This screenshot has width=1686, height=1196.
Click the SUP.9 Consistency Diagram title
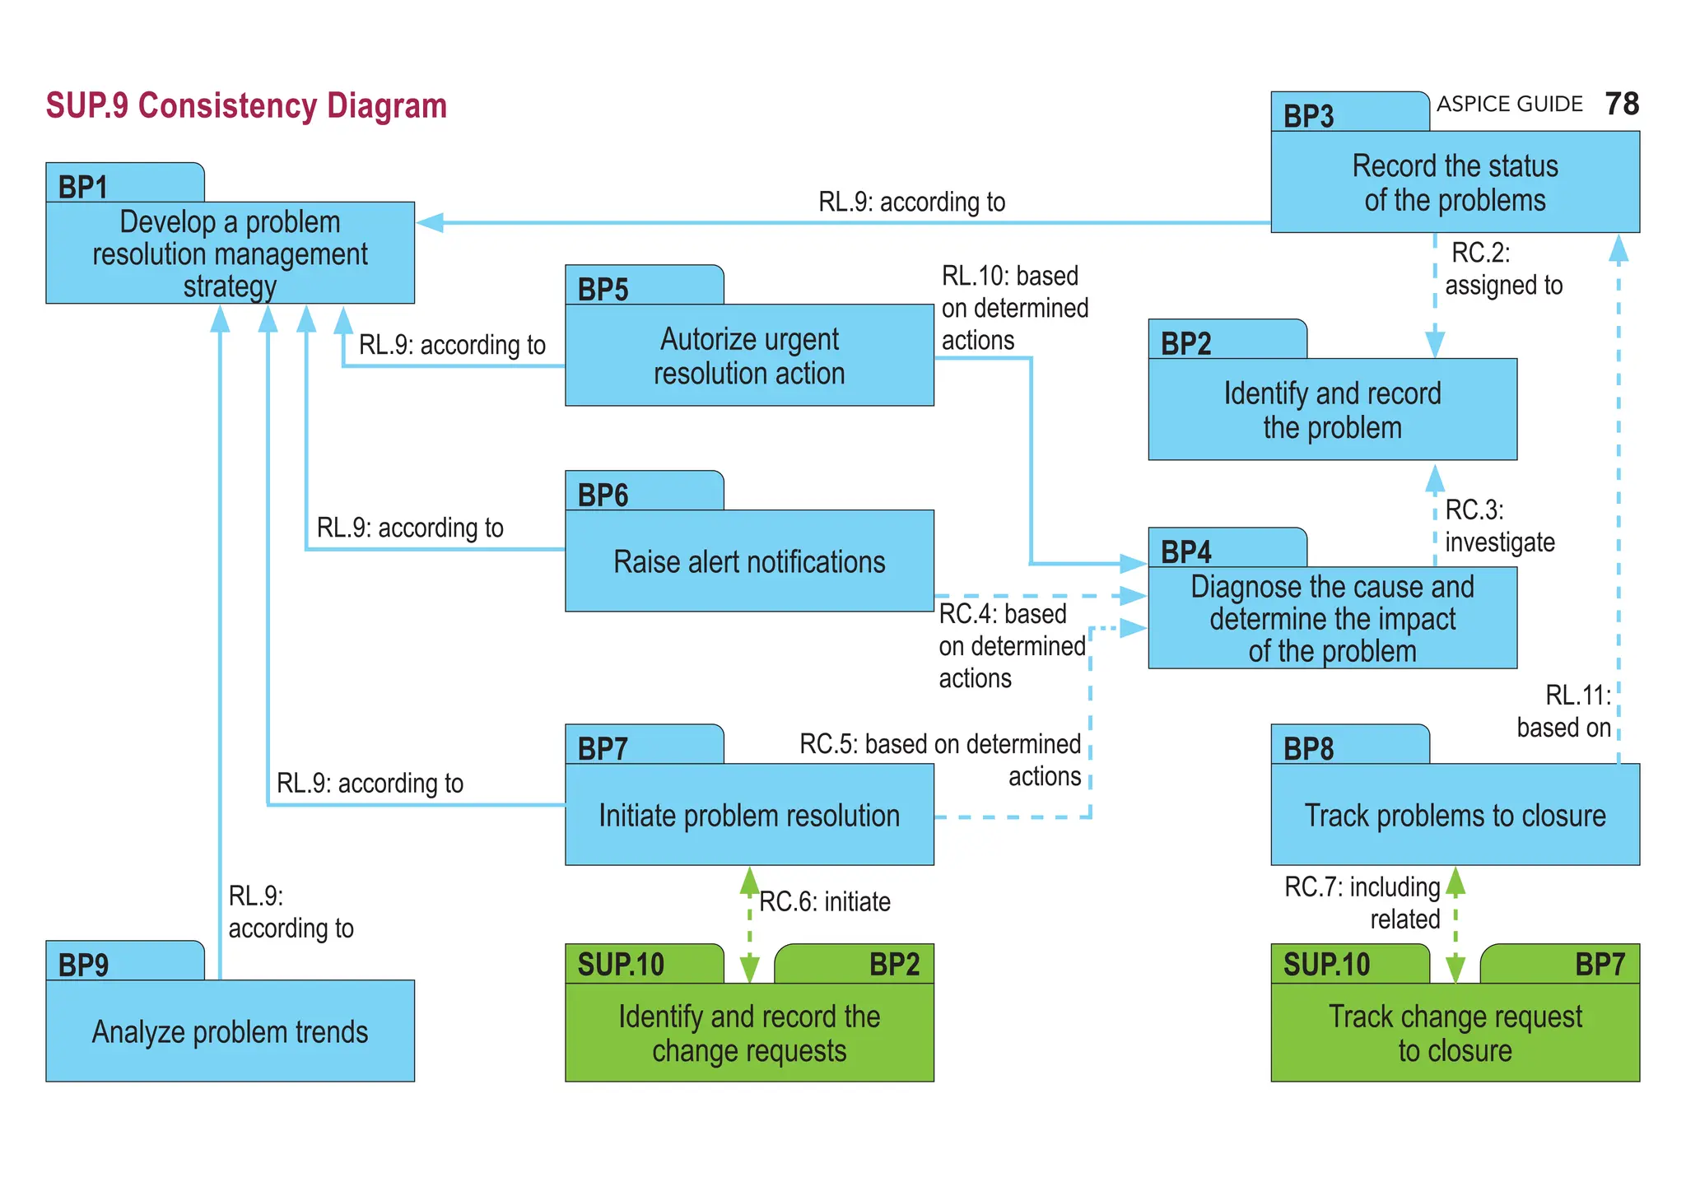pos(246,106)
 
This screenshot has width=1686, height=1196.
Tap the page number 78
pos(1622,105)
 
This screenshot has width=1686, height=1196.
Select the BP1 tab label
pos(83,187)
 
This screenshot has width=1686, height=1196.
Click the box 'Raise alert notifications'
pos(749,561)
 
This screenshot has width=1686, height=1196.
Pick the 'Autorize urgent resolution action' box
pos(749,356)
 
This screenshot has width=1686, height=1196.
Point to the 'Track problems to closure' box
pos(1455,815)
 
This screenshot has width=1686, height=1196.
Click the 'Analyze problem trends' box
pos(230,1031)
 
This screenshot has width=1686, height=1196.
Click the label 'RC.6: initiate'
pos(824,902)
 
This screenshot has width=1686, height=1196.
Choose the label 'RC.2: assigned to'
pos(1502,269)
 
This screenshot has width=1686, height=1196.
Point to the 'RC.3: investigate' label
pos(1498,526)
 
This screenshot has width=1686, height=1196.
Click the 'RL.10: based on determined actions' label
pos(1014,308)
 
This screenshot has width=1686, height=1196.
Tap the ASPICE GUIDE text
pos(1510,105)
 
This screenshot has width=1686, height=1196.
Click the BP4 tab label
pos(1185,551)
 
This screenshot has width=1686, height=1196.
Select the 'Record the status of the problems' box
pos(1455,183)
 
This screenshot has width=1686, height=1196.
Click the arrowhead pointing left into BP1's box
pos(430,222)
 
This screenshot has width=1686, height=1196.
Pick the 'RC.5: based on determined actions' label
pos(940,759)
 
